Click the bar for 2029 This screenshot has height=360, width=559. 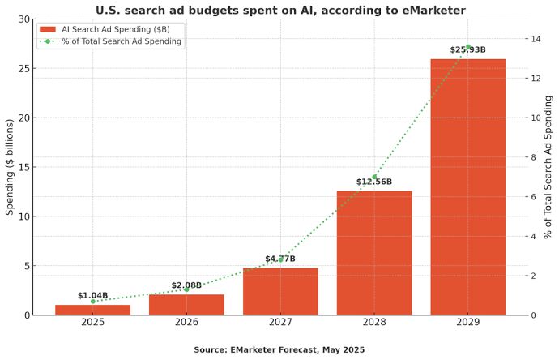(467, 186)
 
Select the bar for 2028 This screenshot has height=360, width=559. (374, 253)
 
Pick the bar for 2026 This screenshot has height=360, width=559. (186, 304)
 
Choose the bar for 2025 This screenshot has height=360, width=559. (92, 310)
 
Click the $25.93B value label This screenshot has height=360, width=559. (467, 50)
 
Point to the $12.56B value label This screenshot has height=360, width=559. (373, 182)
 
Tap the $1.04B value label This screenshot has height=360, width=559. (92, 296)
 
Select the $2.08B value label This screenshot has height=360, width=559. (186, 285)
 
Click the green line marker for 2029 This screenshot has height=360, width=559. (467, 47)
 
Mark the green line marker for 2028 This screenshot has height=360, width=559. (374, 177)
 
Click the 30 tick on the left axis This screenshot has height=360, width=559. (25, 19)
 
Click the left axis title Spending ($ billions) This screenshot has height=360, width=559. (10, 167)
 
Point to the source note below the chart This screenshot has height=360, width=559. (279, 349)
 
